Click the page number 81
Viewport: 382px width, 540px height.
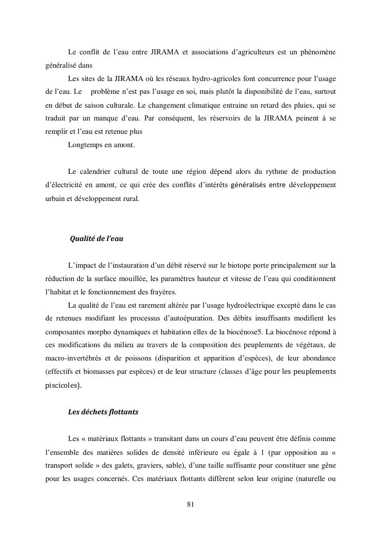point(191,504)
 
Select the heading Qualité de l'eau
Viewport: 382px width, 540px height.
point(96,238)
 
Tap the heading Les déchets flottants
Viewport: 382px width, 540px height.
point(103,412)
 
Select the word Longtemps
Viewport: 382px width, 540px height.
point(85,145)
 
